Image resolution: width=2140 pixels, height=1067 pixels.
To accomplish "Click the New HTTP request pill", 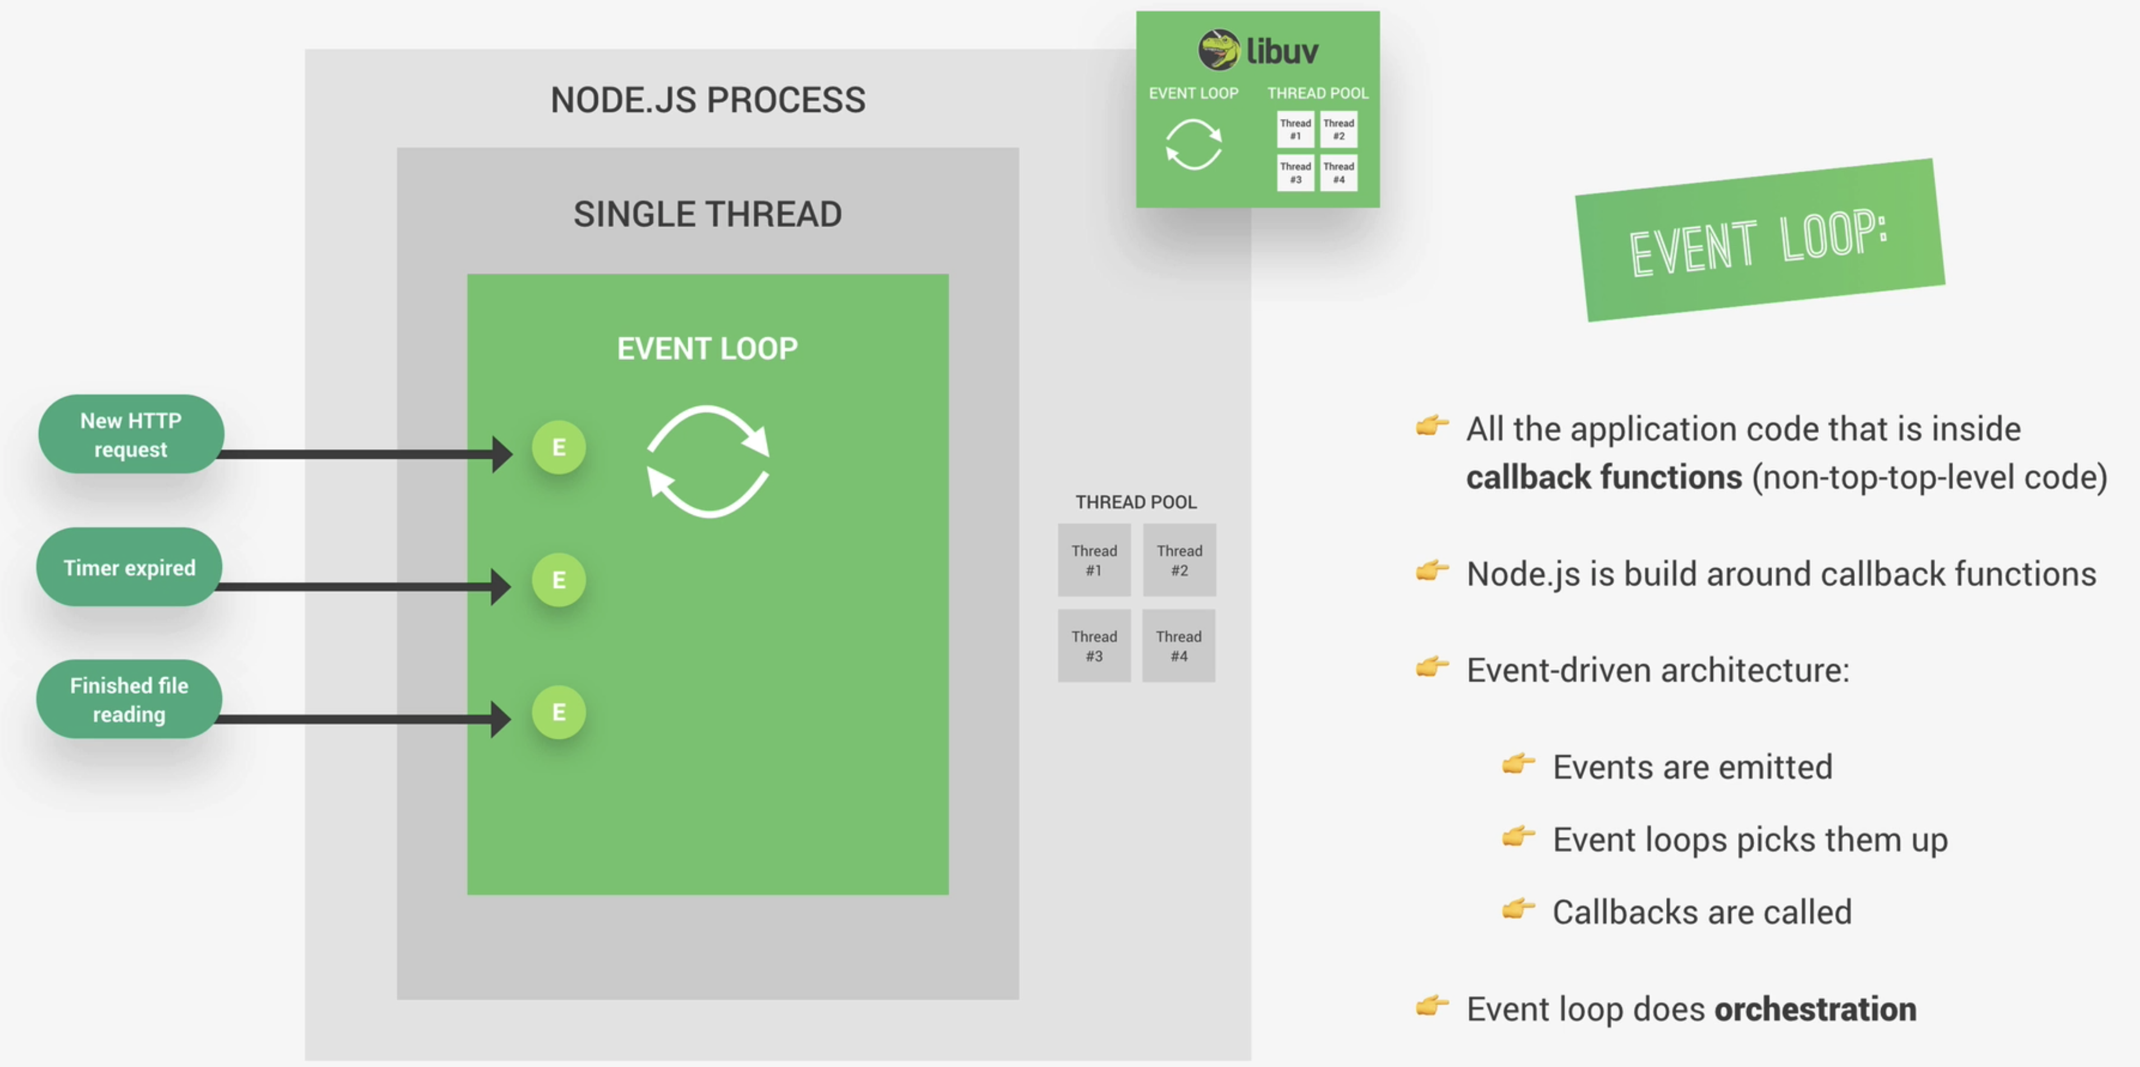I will click(x=130, y=434).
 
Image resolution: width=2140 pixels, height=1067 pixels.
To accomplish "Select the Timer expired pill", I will click(x=130, y=567).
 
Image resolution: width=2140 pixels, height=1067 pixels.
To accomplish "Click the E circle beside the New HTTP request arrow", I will click(x=559, y=448).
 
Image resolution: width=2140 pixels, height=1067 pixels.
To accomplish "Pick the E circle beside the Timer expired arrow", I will click(x=559, y=580).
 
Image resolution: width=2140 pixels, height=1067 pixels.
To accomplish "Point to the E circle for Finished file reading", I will click(x=559, y=711).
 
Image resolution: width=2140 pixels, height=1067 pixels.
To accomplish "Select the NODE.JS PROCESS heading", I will click(x=708, y=100).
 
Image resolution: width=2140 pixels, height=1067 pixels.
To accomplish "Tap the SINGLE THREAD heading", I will click(x=708, y=214).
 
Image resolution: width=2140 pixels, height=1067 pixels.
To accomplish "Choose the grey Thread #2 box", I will click(x=1179, y=560).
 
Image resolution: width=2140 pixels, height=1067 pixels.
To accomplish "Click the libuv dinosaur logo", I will click(x=1218, y=50).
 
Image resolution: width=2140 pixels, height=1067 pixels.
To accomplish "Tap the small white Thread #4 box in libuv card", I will click(x=1338, y=173).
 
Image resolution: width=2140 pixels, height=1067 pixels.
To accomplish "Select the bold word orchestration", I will click(x=1815, y=1009).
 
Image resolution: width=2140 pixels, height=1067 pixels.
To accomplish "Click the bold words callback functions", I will click(x=1603, y=477).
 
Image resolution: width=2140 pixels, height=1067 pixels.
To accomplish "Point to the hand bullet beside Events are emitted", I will click(x=1518, y=764).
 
